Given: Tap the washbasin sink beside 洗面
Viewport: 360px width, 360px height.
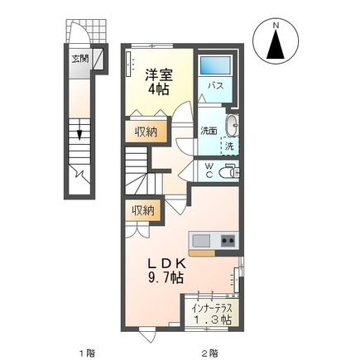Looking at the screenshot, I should click(233, 126).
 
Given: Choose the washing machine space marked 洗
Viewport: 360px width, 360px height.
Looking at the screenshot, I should click(229, 146).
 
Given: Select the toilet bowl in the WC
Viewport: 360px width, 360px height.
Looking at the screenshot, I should click(230, 171).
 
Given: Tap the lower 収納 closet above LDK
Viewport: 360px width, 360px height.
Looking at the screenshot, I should click(142, 211).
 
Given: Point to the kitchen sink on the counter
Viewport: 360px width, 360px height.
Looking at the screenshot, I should click(203, 241).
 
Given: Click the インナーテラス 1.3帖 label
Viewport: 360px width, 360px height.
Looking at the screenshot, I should click(210, 312).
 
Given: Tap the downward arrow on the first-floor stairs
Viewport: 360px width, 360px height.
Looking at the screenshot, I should click(80, 132).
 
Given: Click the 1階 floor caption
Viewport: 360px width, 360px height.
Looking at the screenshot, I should click(86, 353).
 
